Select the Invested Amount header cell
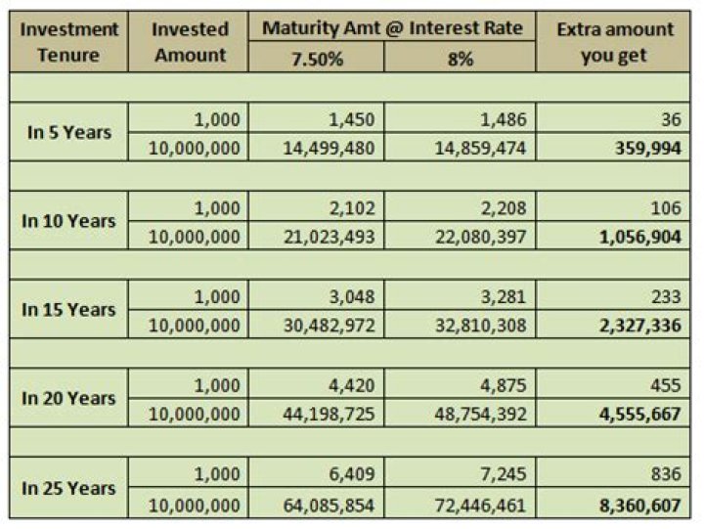(x=190, y=42)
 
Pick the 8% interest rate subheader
(x=459, y=59)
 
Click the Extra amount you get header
(x=614, y=42)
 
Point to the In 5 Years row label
(x=68, y=131)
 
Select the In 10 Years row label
(x=68, y=220)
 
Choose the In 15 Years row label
(x=68, y=309)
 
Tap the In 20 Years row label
(x=68, y=398)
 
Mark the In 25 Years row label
(x=68, y=488)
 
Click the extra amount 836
(x=666, y=475)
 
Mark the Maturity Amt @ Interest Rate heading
(x=391, y=27)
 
